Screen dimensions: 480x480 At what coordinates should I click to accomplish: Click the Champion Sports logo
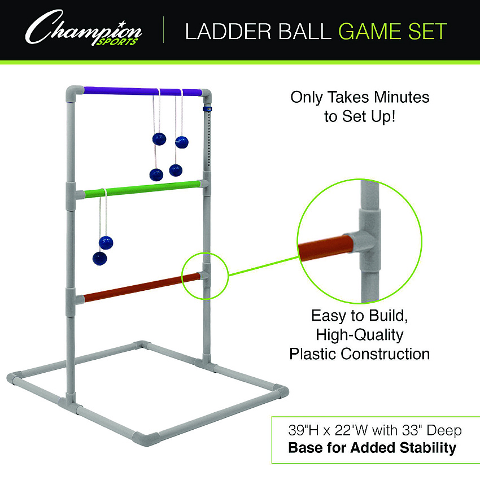click(83, 28)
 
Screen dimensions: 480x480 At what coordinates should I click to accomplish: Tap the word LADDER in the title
click(228, 31)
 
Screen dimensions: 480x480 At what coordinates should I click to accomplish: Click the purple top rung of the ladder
click(143, 91)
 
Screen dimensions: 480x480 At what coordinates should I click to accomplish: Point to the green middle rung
click(142, 189)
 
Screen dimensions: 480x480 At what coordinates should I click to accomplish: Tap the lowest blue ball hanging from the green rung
click(100, 259)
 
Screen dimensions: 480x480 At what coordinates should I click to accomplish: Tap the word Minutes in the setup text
click(402, 97)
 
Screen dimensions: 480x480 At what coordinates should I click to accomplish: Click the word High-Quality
click(360, 335)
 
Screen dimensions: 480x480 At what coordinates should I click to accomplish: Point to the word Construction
click(385, 354)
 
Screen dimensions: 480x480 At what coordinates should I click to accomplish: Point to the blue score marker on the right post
click(207, 108)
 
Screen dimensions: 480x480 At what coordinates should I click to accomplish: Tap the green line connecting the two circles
click(264, 266)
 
